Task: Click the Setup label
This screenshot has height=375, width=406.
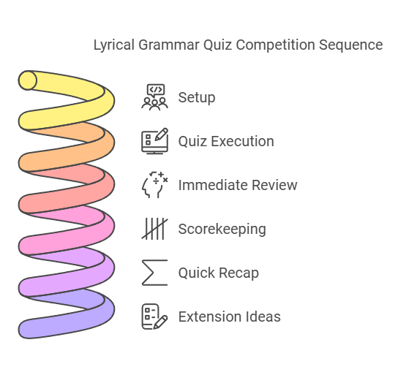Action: coord(197,97)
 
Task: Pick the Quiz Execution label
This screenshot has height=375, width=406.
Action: coord(226,141)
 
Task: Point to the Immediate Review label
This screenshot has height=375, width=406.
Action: coord(238,185)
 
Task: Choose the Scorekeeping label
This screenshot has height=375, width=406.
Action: coord(222,229)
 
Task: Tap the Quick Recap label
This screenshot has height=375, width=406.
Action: coord(218,273)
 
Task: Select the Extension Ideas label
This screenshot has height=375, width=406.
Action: coord(229,317)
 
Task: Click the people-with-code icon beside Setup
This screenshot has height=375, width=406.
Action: coord(154,97)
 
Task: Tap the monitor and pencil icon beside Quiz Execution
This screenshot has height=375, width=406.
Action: coord(154,140)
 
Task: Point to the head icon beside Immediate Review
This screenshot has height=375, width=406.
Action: coord(154,185)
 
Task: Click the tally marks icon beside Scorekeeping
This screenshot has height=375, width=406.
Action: coord(154,229)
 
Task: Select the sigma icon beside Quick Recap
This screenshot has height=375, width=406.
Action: coord(154,273)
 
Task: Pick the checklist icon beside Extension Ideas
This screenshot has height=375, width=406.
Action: coord(154,317)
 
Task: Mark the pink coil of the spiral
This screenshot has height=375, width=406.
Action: coord(44,241)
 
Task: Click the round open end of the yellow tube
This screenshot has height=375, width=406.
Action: coord(28,80)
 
